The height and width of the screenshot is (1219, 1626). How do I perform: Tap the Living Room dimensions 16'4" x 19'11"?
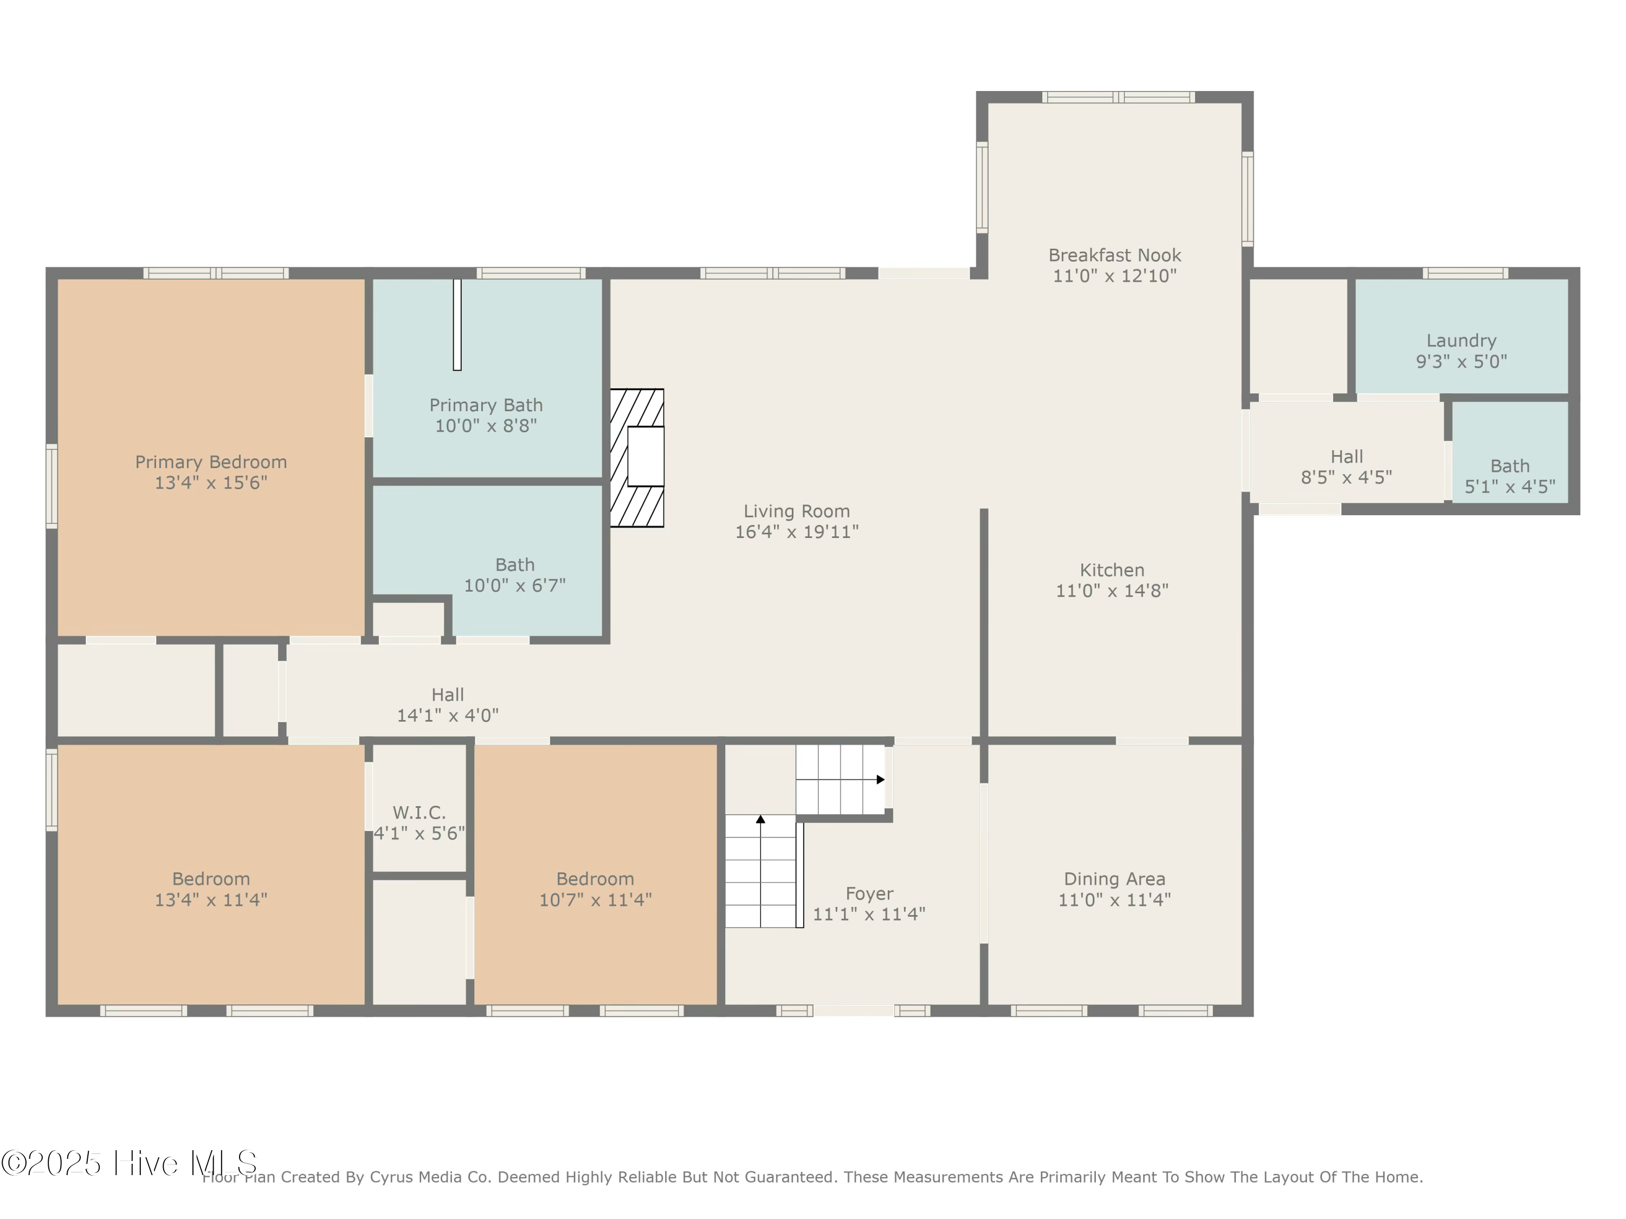pyautogui.click(x=797, y=532)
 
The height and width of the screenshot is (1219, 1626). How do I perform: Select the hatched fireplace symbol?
pyautogui.click(x=637, y=458)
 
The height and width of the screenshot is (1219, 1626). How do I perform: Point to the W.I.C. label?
pyautogui.click(x=419, y=813)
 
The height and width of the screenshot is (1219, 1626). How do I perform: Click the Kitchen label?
pyautogui.click(x=1112, y=570)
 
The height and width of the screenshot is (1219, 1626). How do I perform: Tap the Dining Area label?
pyautogui.click(x=1114, y=879)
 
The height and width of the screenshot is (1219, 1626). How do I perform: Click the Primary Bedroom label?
pyautogui.click(x=211, y=462)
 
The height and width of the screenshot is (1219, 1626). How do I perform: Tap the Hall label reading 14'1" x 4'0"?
pyautogui.click(x=448, y=705)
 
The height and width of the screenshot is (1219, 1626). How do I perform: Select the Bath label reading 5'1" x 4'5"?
pyautogui.click(x=1510, y=476)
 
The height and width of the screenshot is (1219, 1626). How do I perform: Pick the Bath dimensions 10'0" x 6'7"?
pyautogui.click(x=514, y=586)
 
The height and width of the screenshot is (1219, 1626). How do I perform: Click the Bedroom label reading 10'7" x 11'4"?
pyautogui.click(x=596, y=889)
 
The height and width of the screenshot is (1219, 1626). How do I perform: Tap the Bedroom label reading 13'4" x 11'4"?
pyautogui.click(x=211, y=889)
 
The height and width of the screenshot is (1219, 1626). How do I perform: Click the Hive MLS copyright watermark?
pyautogui.click(x=128, y=1163)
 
